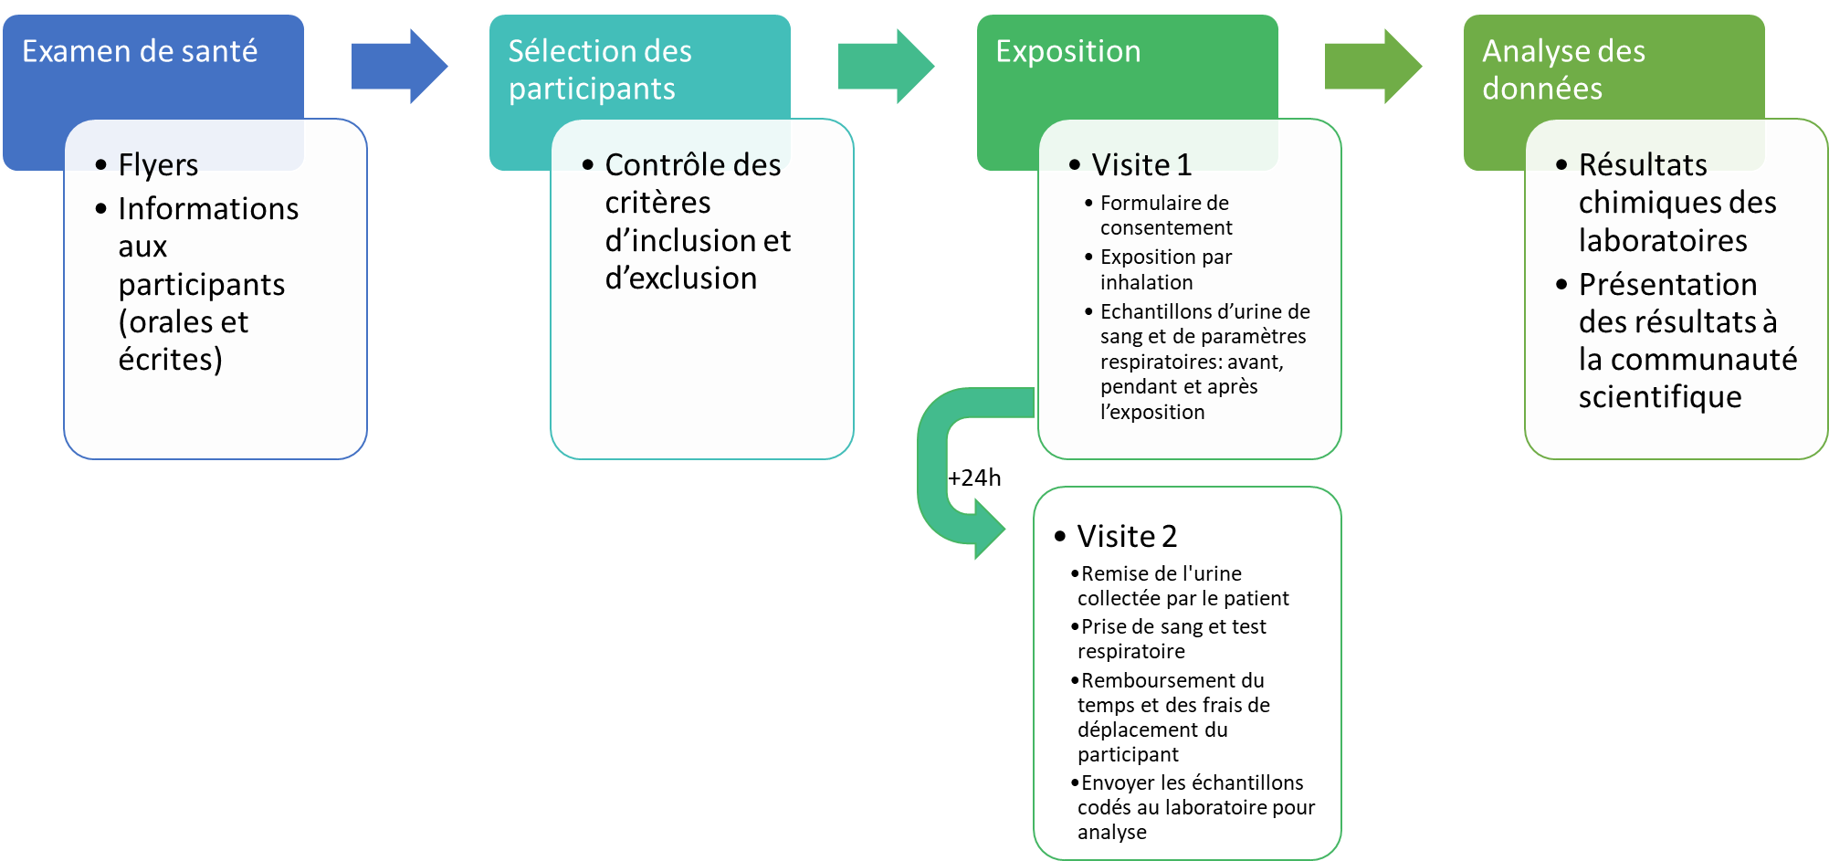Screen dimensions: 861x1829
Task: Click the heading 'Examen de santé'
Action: pos(140,52)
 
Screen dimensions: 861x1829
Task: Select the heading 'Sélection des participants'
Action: pos(599,69)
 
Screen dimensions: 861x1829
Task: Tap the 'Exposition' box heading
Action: pos(1067,52)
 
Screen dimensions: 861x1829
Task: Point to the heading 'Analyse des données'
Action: pos(1562,69)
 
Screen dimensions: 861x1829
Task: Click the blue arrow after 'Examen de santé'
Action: pos(399,67)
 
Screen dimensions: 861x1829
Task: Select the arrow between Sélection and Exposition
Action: pos(886,67)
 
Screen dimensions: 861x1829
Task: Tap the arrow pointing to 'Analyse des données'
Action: pos(1372,67)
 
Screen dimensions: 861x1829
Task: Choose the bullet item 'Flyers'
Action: pos(158,165)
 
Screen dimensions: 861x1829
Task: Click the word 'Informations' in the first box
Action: pos(208,209)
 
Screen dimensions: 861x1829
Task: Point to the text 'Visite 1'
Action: pos(1141,165)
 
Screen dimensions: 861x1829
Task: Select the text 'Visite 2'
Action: pos(1127,536)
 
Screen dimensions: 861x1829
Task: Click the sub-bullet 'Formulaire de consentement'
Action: pos(1165,215)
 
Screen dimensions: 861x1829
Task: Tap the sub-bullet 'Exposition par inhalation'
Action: pos(1165,269)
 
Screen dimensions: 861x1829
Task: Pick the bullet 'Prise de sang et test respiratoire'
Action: pos(1172,639)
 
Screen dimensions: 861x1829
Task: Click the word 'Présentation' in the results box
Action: pos(1667,285)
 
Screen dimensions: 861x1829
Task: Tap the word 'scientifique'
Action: pos(1659,397)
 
